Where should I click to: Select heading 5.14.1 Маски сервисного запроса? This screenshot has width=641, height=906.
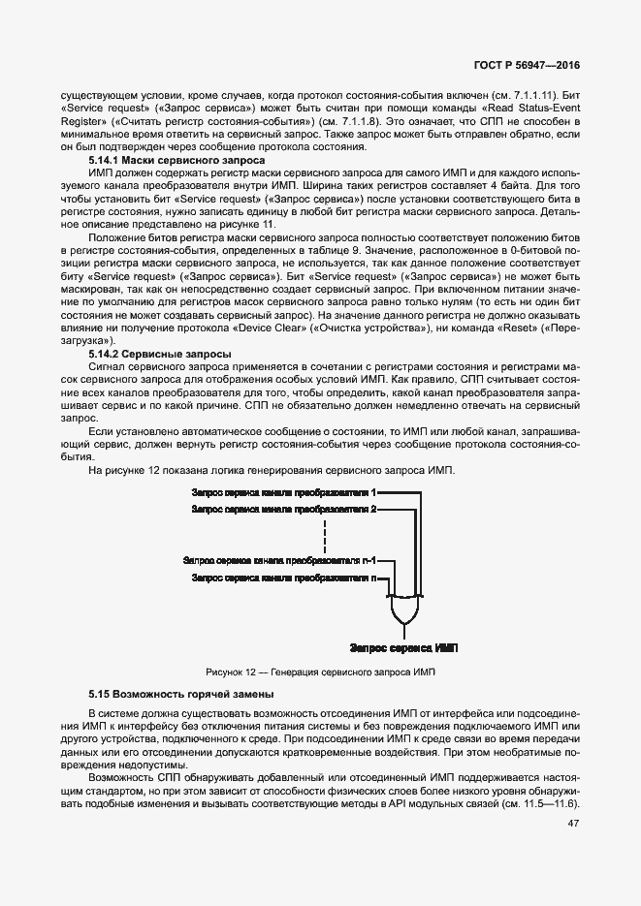pyautogui.click(x=176, y=160)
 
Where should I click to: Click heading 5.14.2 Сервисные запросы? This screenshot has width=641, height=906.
pyautogui.click(x=160, y=355)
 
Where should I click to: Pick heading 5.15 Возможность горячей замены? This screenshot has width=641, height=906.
pyautogui.click(x=180, y=694)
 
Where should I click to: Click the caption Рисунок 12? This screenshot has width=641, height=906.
pyautogui.click(x=321, y=672)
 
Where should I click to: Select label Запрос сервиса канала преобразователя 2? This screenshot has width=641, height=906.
pyautogui.click(x=284, y=509)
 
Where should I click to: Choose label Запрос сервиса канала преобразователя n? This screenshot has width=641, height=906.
pyautogui.click(x=284, y=578)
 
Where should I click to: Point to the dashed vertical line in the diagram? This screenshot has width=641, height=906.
pyautogui.click(x=325, y=534)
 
